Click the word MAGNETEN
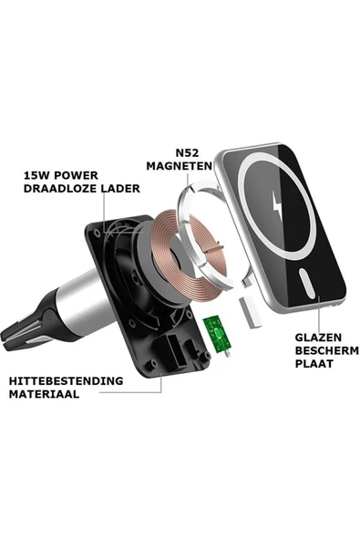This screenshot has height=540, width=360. (x=179, y=166)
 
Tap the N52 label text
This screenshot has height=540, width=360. (x=187, y=152)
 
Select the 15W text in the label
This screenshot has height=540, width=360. (x=36, y=175)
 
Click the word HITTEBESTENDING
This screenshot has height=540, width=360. (x=67, y=381)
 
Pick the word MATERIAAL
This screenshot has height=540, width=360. (x=44, y=394)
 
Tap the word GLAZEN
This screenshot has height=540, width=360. (x=318, y=337)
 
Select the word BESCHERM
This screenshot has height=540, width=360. (x=327, y=350)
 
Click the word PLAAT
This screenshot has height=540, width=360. (x=314, y=364)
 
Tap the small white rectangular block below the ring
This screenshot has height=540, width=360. (x=250, y=312)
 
